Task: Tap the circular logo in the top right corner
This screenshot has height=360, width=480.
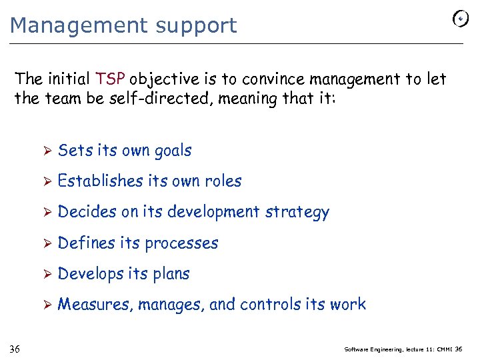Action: (460, 20)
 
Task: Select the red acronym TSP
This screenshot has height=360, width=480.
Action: (111, 79)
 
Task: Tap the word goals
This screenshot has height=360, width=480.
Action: (173, 151)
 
